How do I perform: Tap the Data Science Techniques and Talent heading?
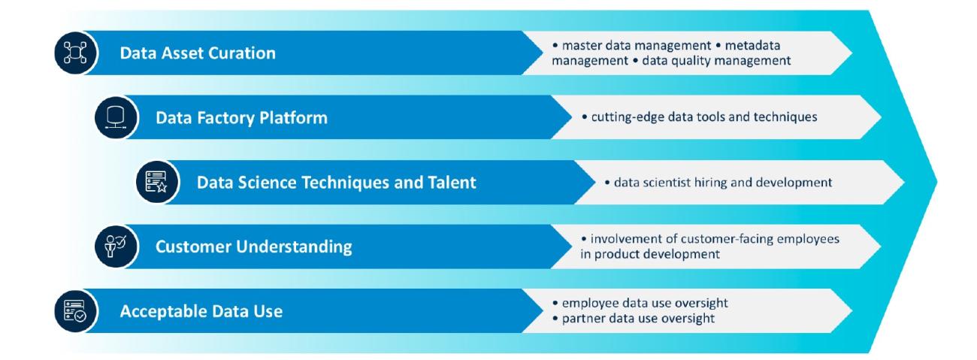point(336,183)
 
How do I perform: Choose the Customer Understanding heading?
point(253,247)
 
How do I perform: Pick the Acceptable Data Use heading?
point(201,311)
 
